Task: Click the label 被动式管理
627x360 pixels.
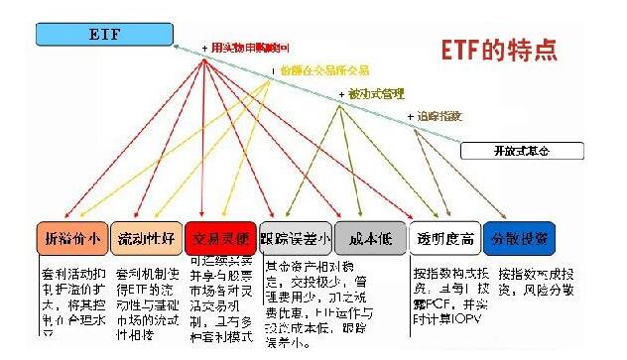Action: [376, 94]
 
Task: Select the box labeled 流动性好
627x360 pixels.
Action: [144, 238]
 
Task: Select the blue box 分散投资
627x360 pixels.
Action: [517, 238]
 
